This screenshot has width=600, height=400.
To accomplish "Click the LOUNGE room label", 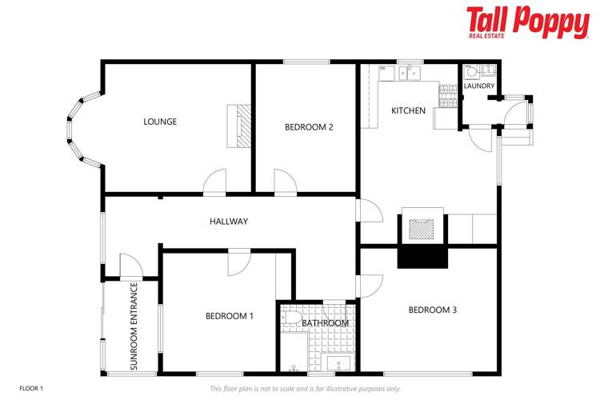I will [x=160, y=122].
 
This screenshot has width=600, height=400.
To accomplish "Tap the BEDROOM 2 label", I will [x=309, y=127].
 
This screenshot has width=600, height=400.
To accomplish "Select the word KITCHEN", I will [x=408, y=110].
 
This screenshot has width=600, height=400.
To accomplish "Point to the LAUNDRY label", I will [x=479, y=86].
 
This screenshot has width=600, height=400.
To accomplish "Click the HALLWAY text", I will [x=229, y=222].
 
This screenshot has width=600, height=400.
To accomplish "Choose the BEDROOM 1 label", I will [x=230, y=316].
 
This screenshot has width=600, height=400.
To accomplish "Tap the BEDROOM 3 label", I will [x=432, y=310].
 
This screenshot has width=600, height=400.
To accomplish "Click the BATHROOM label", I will [x=326, y=323].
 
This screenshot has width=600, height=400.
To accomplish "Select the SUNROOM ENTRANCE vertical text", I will [x=134, y=326].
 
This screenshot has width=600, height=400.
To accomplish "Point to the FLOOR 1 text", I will [x=31, y=388].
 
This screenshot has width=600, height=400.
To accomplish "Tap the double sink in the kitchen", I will [x=410, y=73].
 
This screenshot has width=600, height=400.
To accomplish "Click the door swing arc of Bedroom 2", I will [x=286, y=180].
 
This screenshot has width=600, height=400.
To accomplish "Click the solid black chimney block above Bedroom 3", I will [x=422, y=257].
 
